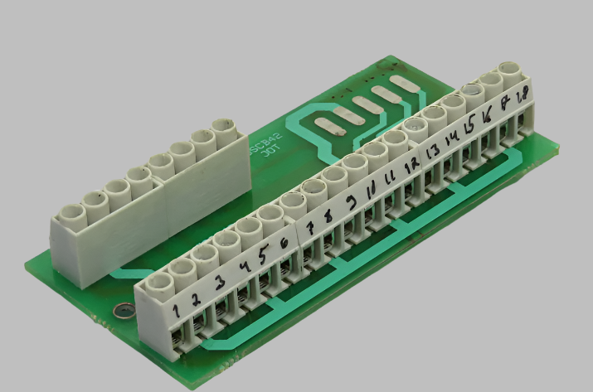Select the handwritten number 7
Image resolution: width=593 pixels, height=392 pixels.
[x=310, y=227]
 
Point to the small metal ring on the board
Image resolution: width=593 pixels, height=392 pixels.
[x=123, y=312]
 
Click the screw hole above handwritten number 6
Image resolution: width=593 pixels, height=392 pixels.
[x=290, y=201]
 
